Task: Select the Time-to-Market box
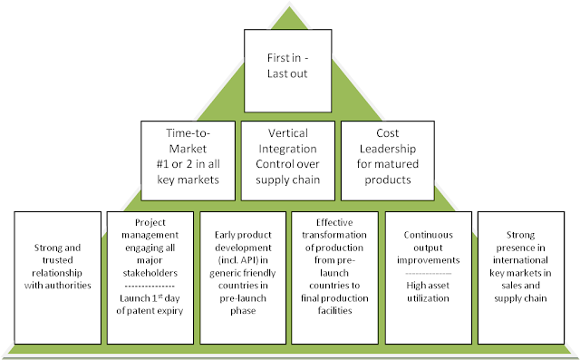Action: pos(188,157)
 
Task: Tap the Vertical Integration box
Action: pos(289,157)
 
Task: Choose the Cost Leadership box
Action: pos(388,157)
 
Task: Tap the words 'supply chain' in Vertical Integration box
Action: pos(289,178)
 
